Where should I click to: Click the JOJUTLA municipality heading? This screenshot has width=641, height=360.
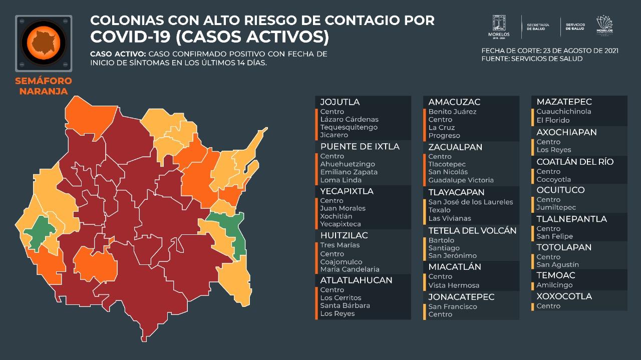click(340, 102)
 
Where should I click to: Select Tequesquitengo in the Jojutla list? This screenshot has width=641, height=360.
click(349, 127)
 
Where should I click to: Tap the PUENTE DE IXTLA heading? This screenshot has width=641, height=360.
click(360, 147)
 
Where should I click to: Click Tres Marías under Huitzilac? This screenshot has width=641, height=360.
click(340, 245)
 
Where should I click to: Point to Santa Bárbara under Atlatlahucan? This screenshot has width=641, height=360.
click(345, 305)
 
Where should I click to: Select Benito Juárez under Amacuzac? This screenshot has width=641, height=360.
click(452, 112)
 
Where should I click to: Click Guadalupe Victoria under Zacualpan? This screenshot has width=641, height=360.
click(461, 180)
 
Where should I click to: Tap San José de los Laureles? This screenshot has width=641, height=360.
click(471, 202)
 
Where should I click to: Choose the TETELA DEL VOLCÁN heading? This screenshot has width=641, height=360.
click(472, 231)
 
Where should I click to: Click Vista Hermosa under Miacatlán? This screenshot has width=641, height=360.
click(454, 285)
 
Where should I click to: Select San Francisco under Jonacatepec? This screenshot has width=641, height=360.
click(453, 306)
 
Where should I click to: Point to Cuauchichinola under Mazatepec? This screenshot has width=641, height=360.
click(563, 112)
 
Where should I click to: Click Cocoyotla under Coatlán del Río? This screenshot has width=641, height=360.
click(553, 179)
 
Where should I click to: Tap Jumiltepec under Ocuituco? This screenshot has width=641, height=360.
click(556, 207)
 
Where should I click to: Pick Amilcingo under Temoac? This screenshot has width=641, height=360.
click(553, 285)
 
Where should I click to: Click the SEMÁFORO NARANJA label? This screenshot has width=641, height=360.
click(44, 86)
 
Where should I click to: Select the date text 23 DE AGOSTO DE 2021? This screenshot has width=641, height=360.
click(580, 51)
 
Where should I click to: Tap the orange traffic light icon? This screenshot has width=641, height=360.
click(44, 43)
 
